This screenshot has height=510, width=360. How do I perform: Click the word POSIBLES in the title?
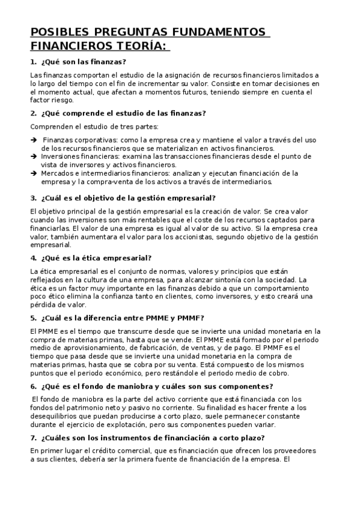coord(59,31)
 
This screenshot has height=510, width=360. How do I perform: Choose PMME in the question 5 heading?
coord(150,318)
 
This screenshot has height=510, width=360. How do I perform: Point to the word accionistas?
coord(191,237)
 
